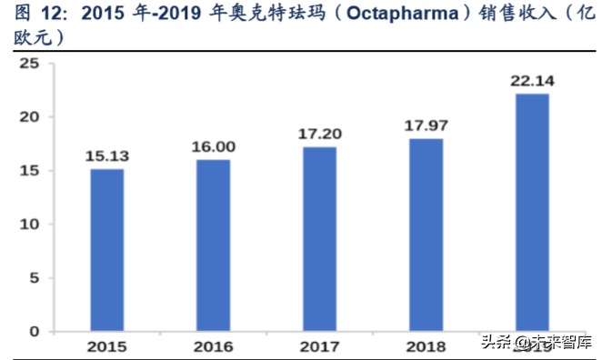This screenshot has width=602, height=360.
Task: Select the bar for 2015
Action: [106, 250]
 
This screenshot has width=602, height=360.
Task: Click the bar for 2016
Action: [213, 245]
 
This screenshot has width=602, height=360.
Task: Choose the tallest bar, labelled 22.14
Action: [532, 213]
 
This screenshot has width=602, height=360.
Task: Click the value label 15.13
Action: [106, 155]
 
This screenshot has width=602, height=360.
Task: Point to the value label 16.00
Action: [213, 146]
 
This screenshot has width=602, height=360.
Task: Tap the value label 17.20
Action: [319, 134]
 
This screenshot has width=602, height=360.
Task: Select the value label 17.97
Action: [426, 125]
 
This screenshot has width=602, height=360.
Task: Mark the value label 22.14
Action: [532, 81]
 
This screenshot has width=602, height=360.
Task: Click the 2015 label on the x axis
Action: [106, 346]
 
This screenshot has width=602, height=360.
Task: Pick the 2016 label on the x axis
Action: [213, 346]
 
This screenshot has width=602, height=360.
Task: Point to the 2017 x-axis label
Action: [319, 346]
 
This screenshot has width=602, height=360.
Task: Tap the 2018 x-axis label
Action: [426, 346]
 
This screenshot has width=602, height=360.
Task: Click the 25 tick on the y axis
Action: [31, 64]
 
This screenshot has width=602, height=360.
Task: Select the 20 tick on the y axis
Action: [31, 117]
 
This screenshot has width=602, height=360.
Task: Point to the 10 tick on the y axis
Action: [31, 225]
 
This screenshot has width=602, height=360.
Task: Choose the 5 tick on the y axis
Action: [35, 278]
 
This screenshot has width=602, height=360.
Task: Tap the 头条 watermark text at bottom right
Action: [494, 344]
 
